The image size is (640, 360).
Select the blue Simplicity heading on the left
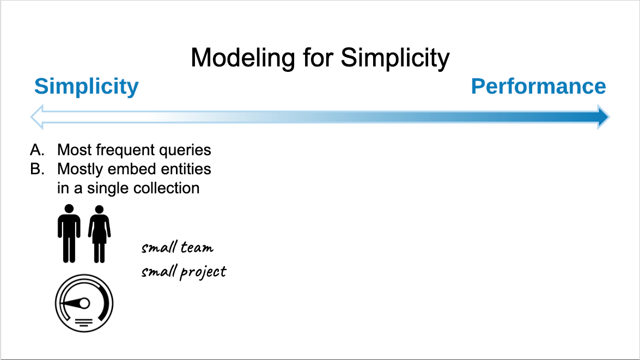pos(87,87)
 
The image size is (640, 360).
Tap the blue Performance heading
pos(538,87)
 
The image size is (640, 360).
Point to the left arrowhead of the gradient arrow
pos(37,117)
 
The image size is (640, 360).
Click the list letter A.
pos(36,150)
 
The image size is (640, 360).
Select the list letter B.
pos(36,169)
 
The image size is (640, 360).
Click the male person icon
pos(69,233)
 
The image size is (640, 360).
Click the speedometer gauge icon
pos(84,302)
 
